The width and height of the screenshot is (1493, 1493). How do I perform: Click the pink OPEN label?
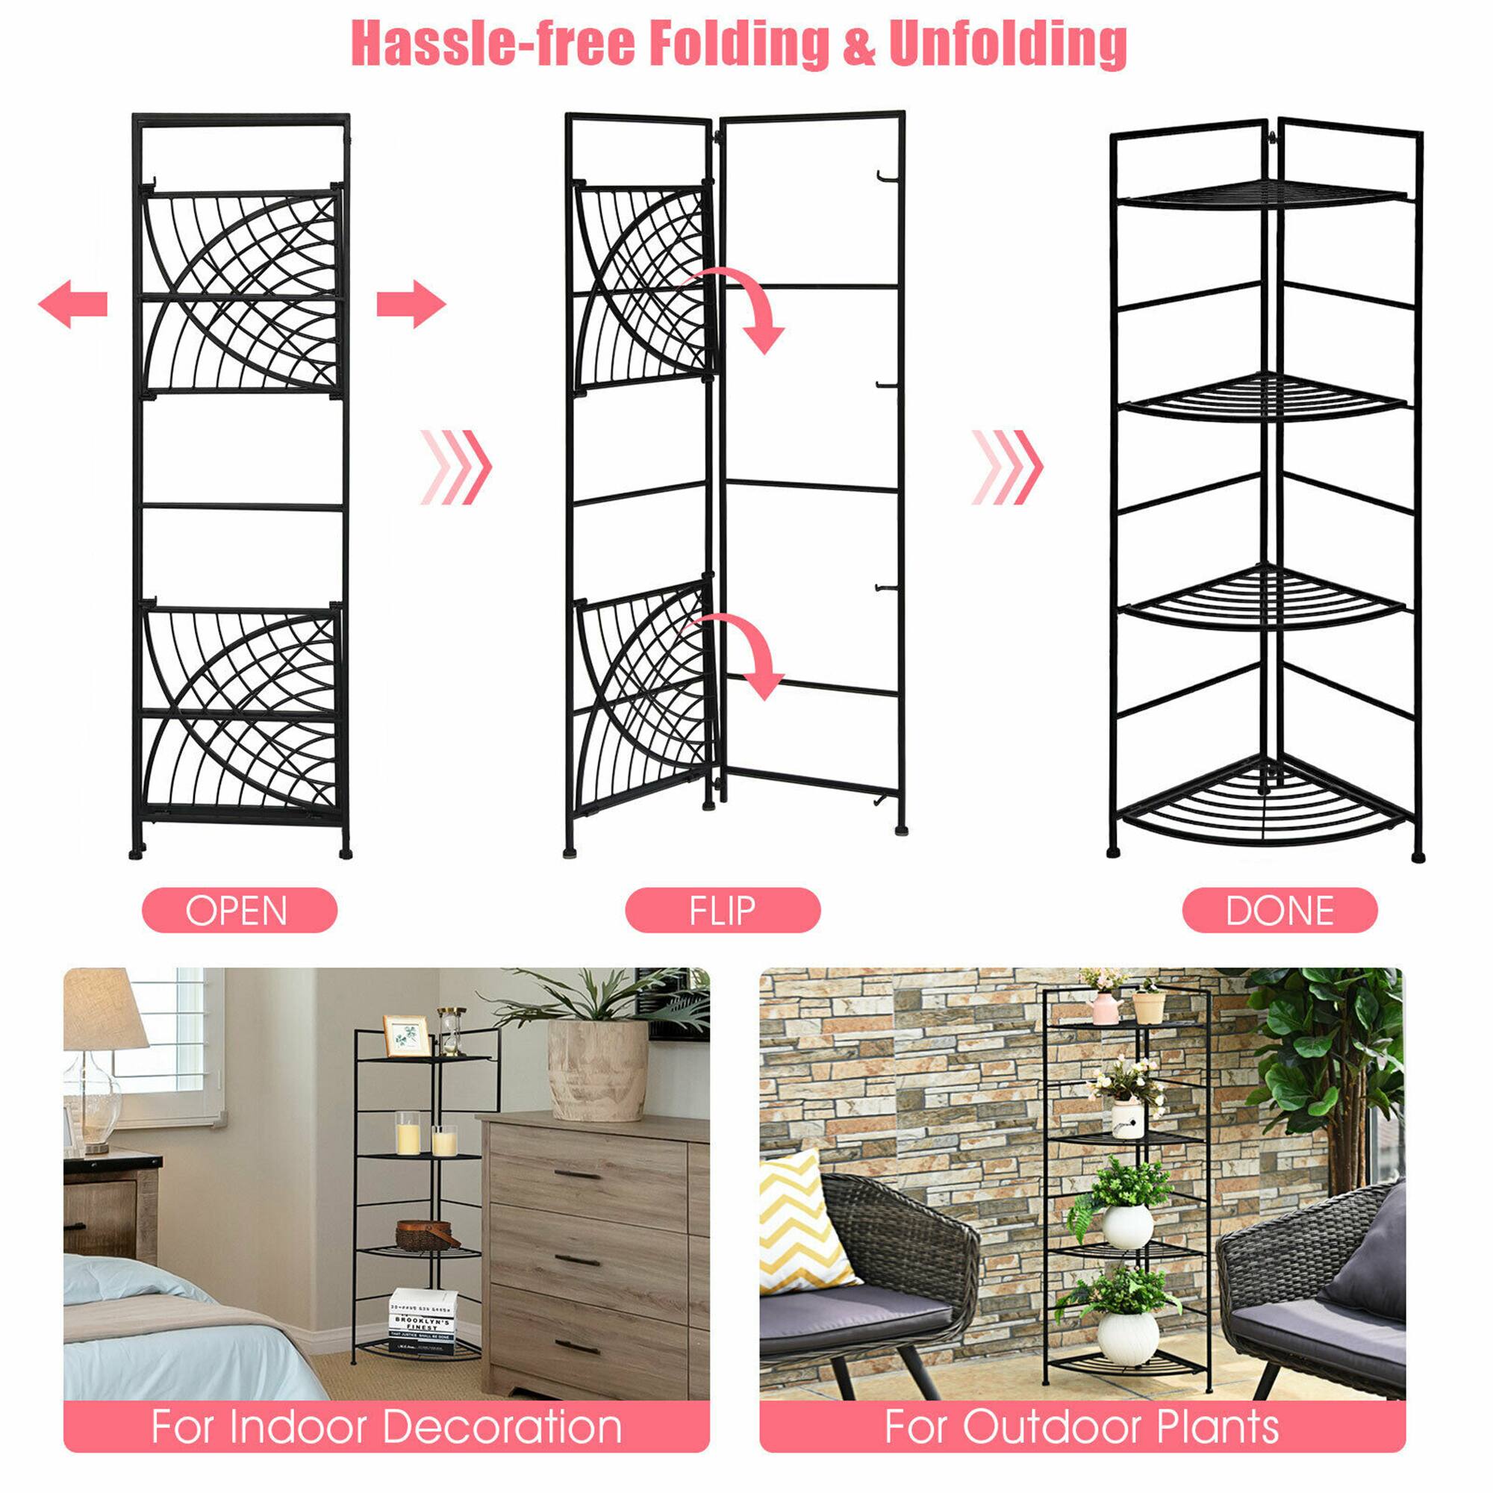click(240, 910)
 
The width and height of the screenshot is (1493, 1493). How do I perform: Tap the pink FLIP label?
click(723, 910)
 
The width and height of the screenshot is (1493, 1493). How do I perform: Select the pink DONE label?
click(1280, 910)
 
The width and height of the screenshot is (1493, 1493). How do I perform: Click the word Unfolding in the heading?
click(1007, 43)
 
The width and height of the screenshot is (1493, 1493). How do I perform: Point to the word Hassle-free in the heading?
click(493, 43)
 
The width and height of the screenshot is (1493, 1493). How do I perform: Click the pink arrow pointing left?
click(72, 304)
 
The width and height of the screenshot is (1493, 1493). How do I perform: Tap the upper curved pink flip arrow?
click(742, 305)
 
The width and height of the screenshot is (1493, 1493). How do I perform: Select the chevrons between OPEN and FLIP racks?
click(456, 467)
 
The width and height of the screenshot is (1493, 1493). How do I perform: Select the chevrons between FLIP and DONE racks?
click(1007, 467)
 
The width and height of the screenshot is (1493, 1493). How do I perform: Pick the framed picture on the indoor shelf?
click(407, 1035)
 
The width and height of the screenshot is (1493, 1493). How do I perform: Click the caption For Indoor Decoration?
click(387, 1427)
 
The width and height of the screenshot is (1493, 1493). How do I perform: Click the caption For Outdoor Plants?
click(1082, 1427)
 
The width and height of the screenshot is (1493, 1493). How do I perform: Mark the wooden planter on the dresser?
click(598, 1069)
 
